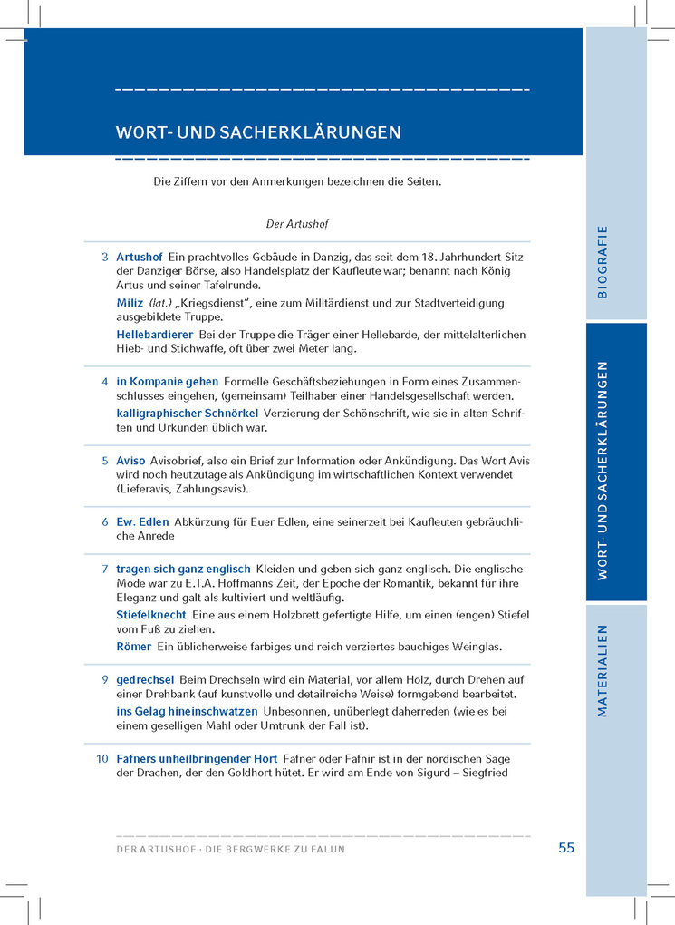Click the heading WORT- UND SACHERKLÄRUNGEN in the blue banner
click(x=258, y=132)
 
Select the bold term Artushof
click(x=140, y=258)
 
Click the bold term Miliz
click(x=130, y=303)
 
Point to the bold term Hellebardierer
click(x=155, y=335)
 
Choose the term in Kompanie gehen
click(x=168, y=382)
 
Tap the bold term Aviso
click(x=130, y=461)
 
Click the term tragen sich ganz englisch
click(x=183, y=570)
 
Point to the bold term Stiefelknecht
click(x=151, y=615)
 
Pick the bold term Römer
click(x=134, y=647)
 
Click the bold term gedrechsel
click(x=145, y=679)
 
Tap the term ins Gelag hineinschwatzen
click(x=187, y=711)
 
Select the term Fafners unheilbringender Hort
click(x=197, y=758)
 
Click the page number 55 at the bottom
click(x=566, y=848)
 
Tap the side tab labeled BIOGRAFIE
click(x=603, y=261)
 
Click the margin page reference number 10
click(x=102, y=758)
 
